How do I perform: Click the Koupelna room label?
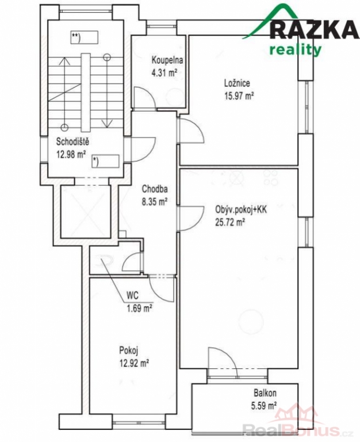click(167, 60)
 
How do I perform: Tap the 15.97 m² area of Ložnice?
click(239, 96)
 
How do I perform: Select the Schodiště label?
click(72, 142)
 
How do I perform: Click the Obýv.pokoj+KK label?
click(241, 209)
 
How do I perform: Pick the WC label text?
click(132, 296)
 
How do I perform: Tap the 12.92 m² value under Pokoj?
click(134, 364)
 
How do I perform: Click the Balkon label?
click(265, 393)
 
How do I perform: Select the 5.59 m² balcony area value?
click(263, 406)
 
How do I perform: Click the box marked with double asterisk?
click(84, 37)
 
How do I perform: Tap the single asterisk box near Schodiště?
click(105, 161)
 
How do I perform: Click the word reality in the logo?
click(295, 50)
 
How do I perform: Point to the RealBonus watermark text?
click(293, 430)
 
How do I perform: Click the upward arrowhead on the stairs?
click(65, 61)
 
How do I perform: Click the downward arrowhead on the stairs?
click(107, 124)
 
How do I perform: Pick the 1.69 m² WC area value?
click(140, 308)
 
